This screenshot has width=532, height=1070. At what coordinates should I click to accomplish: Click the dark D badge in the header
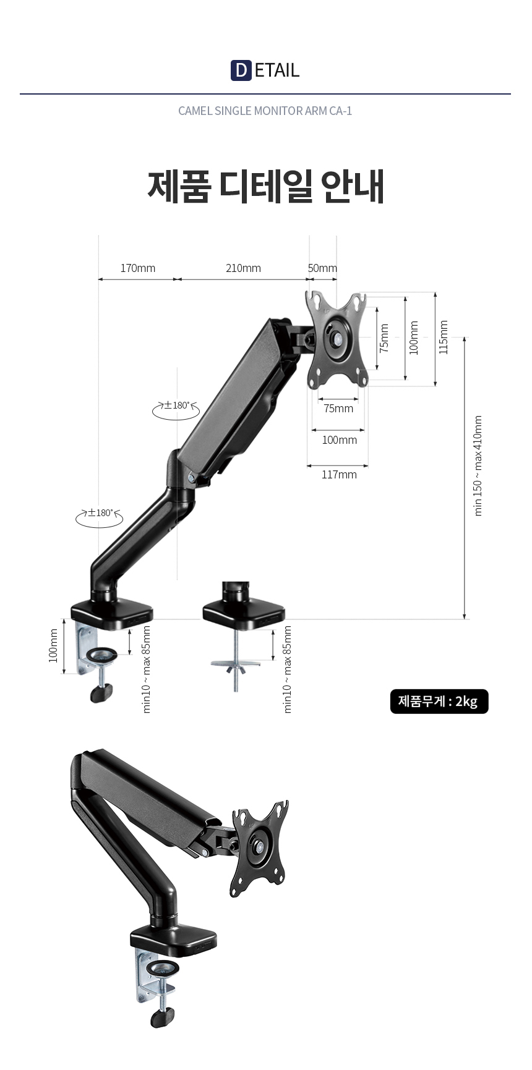241,70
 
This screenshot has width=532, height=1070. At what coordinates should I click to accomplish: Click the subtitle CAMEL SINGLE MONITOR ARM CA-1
265,111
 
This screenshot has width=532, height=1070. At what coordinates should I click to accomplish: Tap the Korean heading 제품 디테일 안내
266,185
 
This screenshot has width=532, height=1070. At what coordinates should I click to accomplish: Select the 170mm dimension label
138,268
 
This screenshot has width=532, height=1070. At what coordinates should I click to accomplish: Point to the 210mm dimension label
243,268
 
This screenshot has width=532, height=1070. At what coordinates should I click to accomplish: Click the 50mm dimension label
323,268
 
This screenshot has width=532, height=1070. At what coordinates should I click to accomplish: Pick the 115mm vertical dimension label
443,338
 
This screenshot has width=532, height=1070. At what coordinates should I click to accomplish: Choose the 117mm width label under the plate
339,475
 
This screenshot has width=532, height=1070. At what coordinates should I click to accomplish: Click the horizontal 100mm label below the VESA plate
339,440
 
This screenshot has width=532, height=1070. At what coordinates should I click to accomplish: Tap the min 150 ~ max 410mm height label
478,465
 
